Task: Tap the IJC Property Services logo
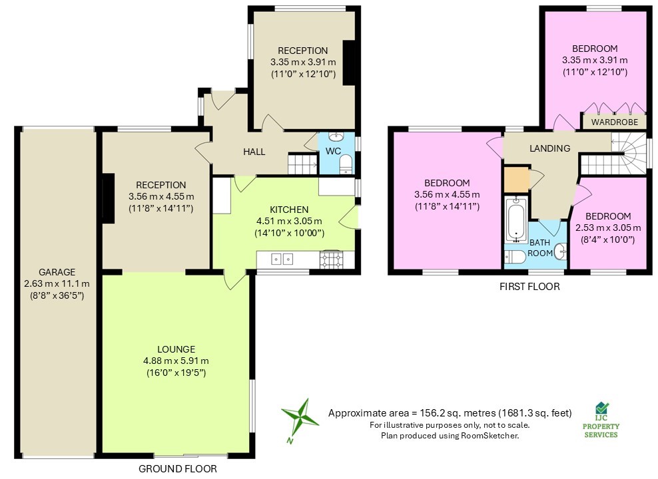pyautogui.click(x=601, y=420)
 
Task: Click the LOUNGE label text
pyautogui.click(x=176, y=349)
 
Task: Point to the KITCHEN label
pyautogui.click(x=289, y=210)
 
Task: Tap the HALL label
pyautogui.click(x=254, y=152)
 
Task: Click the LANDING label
pyautogui.click(x=549, y=148)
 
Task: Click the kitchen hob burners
pyautogui.click(x=331, y=259)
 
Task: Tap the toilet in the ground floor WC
pyautogui.click(x=345, y=165)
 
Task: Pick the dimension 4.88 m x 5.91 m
pyautogui.click(x=176, y=361)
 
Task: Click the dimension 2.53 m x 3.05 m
pyautogui.click(x=609, y=228)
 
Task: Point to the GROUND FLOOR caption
pyautogui.click(x=177, y=468)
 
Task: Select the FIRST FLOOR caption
pyautogui.click(x=529, y=287)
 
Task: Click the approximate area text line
pyautogui.click(x=450, y=413)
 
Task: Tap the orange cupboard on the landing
pyautogui.click(x=515, y=180)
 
